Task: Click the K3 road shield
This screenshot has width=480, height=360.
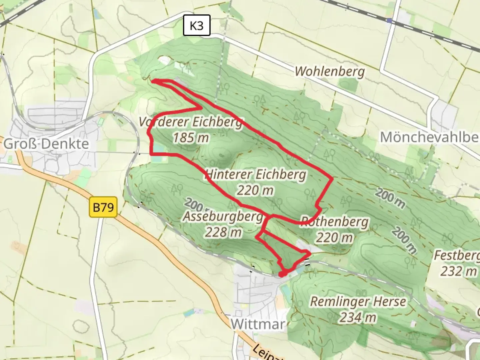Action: coord(197,25)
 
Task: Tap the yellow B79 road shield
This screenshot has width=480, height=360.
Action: coord(103,207)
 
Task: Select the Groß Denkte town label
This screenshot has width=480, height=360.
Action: coord(46,144)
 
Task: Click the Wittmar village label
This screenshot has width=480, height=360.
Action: coord(258,324)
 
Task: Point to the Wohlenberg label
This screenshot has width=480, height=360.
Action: coord(330,71)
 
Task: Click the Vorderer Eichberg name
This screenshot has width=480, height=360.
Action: coord(191,122)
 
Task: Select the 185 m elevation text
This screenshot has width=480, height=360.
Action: coord(191,137)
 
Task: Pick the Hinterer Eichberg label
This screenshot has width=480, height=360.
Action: coord(255,174)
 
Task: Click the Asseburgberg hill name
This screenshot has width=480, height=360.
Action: coord(223,217)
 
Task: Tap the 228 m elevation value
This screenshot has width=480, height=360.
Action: coord(223,232)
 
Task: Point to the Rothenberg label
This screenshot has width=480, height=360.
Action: coord(335,222)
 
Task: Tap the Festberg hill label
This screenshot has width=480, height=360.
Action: coord(457,256)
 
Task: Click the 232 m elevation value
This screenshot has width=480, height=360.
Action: coord(458,271)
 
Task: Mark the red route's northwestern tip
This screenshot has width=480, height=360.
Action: coord(153,80)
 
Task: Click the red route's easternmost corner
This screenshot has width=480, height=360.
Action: coord(332,179)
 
